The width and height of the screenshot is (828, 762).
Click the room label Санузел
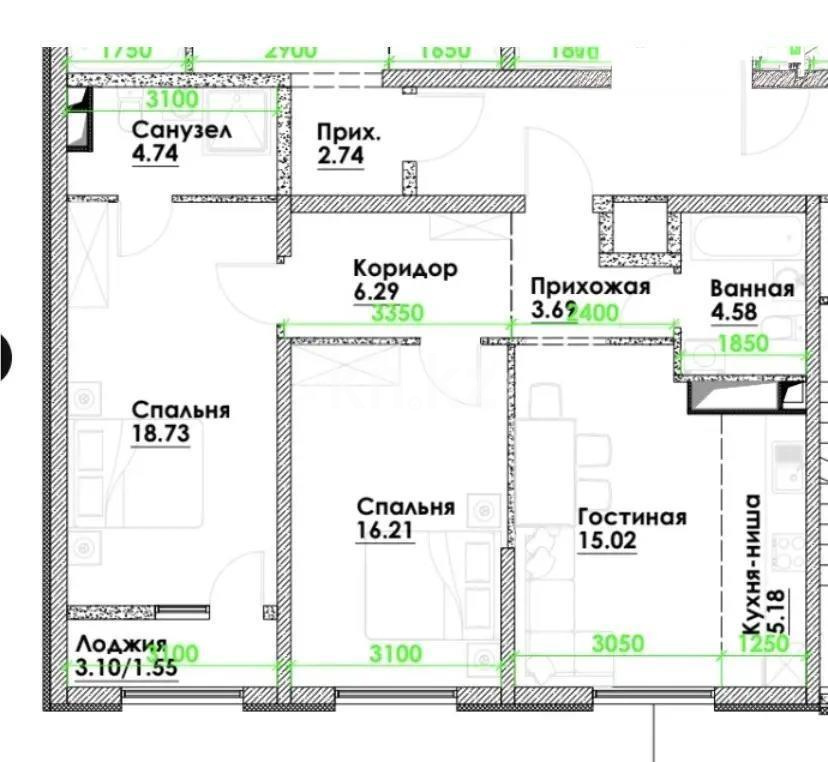point(183,131)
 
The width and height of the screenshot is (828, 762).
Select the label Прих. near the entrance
point(350,131)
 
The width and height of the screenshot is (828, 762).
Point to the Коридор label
point(405,268)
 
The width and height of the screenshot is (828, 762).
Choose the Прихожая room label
point(590,287)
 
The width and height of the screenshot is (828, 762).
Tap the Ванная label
point(752,289)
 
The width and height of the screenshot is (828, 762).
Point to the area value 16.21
point(384,530)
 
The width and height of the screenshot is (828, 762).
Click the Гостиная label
point(632,517)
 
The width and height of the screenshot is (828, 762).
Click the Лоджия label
point(119,646)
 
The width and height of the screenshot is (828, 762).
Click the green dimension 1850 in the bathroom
point(741,343)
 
